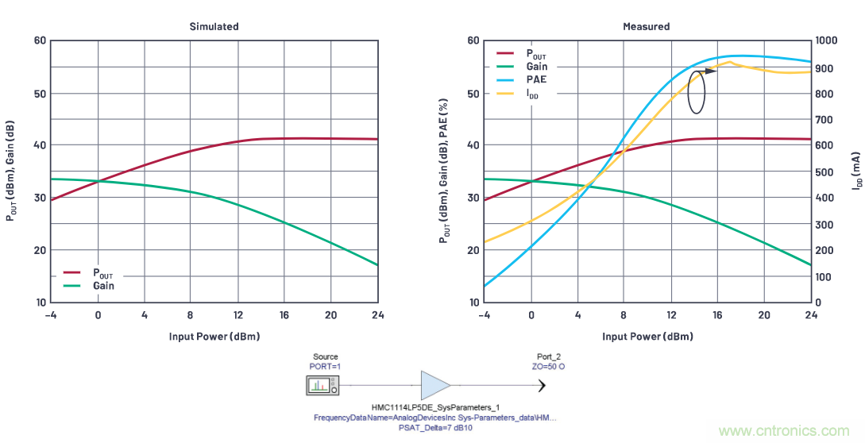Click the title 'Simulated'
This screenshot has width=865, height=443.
tap(214, 26)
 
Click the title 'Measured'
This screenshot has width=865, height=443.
tap(646, 26)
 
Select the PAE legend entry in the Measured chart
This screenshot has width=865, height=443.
tap(537, 79)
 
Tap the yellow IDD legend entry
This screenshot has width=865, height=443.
tap(537, 93)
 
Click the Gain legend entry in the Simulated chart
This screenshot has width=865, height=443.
tap(103, 286)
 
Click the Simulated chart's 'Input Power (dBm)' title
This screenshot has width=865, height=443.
tap(214, 336)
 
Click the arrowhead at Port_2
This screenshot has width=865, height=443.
tap(543, 386)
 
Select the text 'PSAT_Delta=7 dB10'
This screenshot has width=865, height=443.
tap(435, 427)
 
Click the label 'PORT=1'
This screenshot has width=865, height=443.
tap(325, 367)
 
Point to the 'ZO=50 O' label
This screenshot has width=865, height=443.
tap(548, 367)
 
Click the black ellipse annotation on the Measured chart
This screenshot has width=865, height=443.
tap(697, 91)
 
